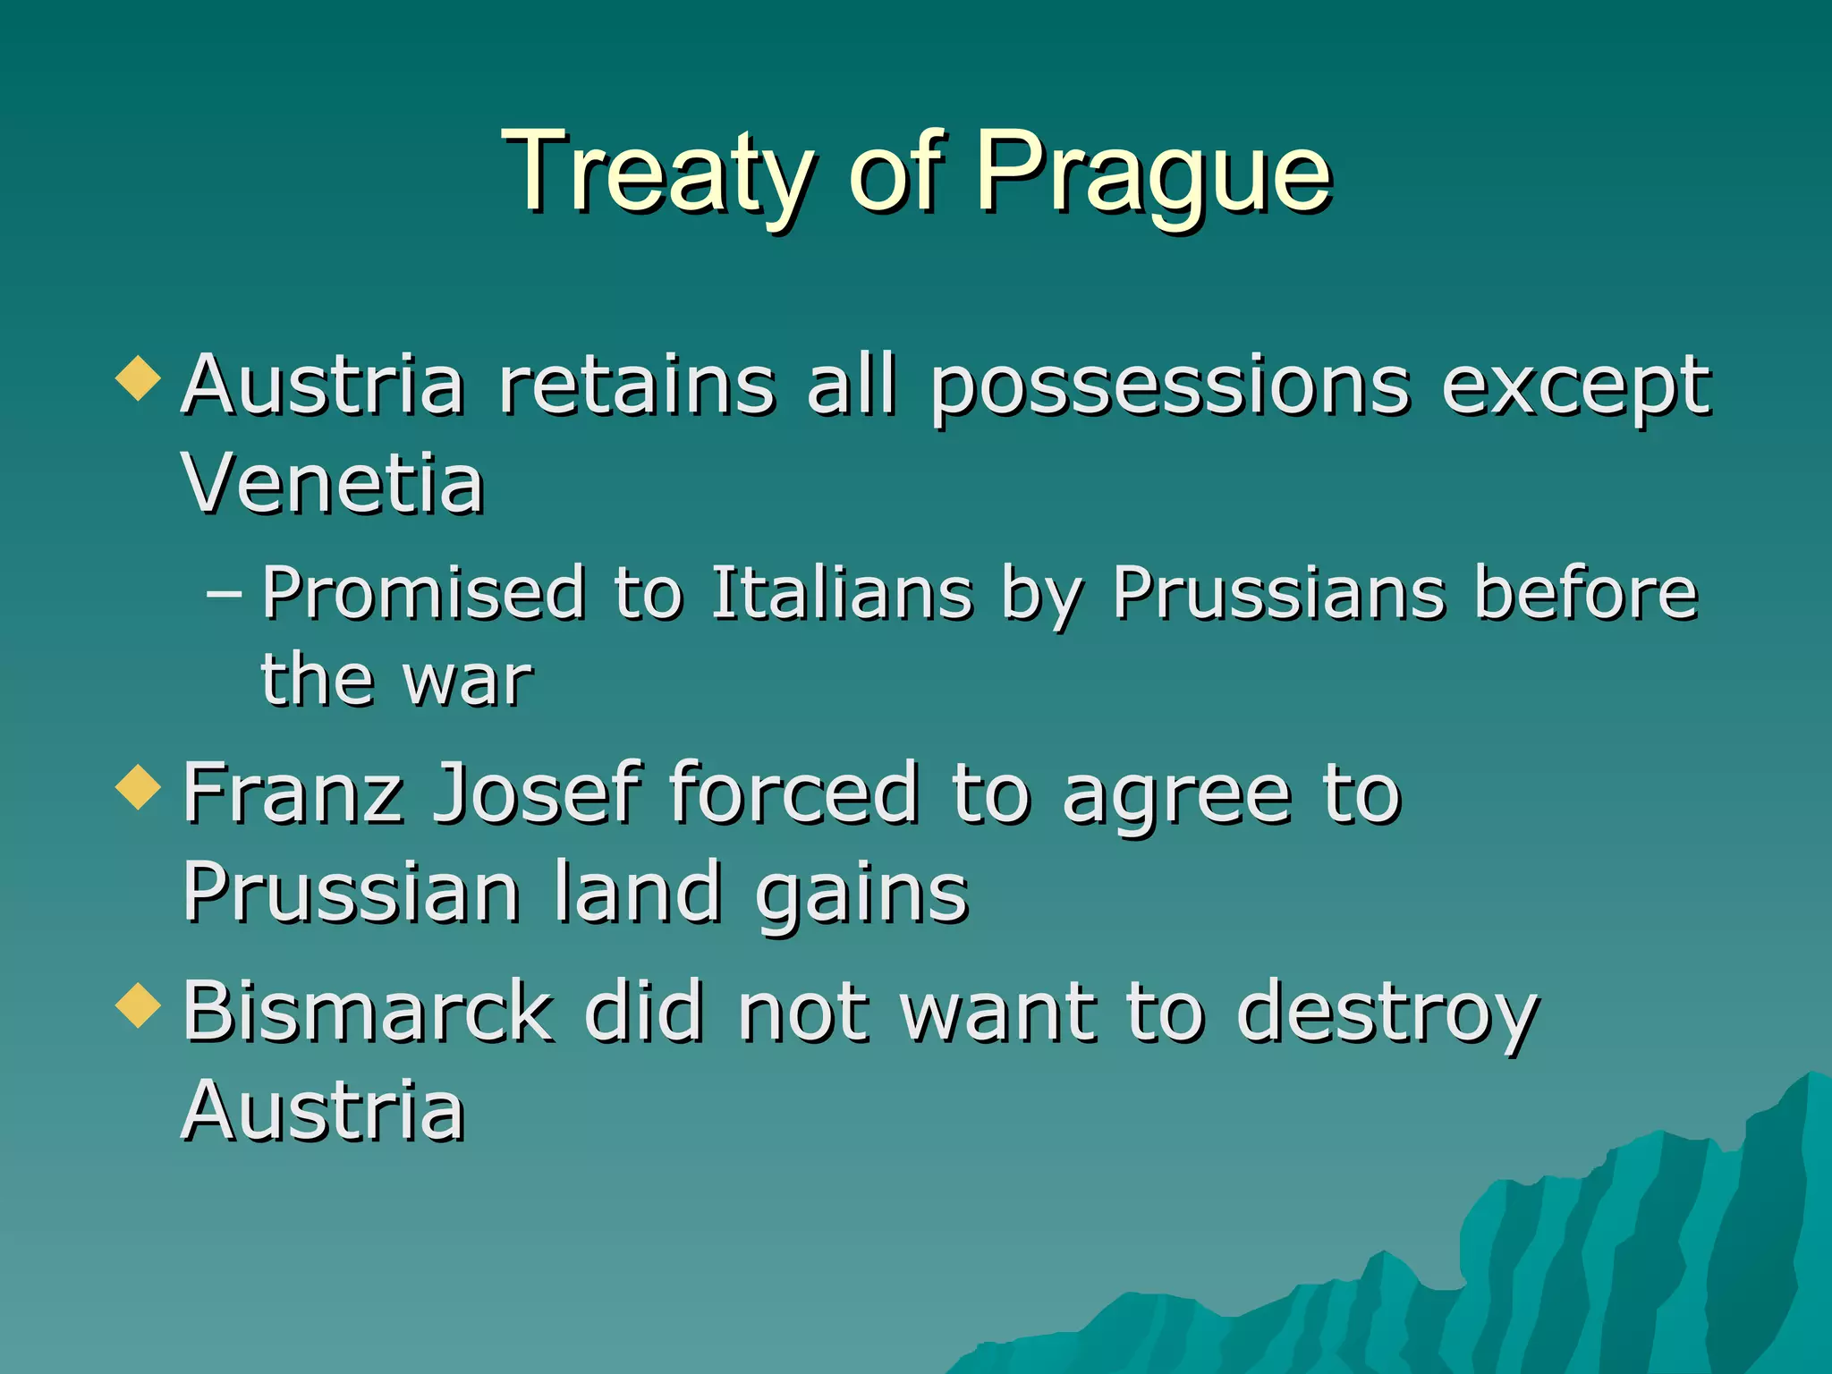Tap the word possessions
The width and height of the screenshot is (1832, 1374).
coord(1170,386)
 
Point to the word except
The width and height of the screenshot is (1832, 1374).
coord(1575,386)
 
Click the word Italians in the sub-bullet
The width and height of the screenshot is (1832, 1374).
coord(841,593)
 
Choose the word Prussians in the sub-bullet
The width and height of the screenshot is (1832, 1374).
coord(1279,593)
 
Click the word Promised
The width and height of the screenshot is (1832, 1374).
coord(424,593)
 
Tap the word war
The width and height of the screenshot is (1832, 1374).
coord(468,680)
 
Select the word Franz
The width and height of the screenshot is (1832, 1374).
coord(293,793)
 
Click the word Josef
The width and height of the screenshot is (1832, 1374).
coord(537,793)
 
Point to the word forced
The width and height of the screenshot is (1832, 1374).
coord(794,793)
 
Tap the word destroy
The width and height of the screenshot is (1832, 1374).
coord(1387,1013)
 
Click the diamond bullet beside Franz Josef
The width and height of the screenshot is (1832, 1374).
coord(139,787)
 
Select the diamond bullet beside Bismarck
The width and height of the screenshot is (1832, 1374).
coord(139,1005)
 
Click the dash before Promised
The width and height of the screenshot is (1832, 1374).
coord(224,593)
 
